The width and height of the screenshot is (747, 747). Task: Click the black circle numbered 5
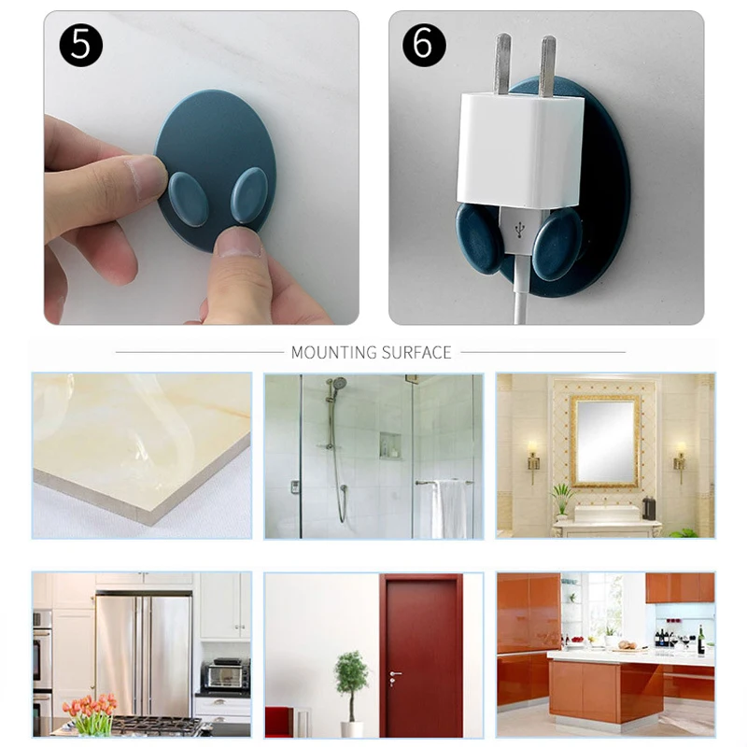coord(80,45)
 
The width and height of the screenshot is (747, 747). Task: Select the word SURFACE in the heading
coord(416,352)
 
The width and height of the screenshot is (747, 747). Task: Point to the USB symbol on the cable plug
coord(519,225)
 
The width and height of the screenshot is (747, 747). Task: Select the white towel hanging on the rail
coord(448,509)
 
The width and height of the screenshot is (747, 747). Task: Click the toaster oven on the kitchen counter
coord(226,674)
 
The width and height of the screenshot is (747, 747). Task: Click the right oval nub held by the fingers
coord(249,196)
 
